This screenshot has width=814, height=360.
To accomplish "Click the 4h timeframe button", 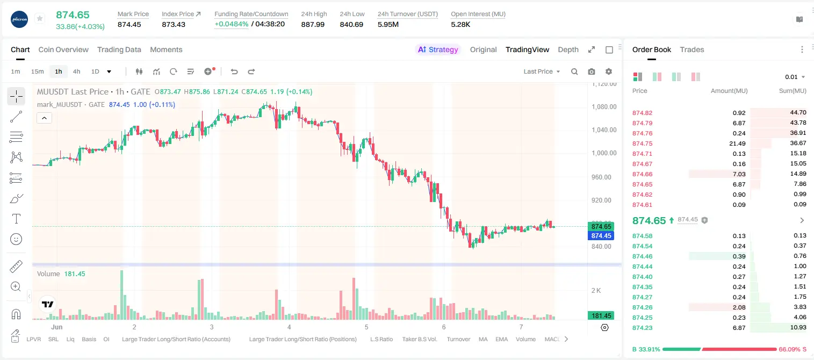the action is click(x=76, y=71).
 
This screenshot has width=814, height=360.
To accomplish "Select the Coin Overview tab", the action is click(x=63, y=49).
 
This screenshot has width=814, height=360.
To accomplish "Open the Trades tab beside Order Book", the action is click(x=692, y=49).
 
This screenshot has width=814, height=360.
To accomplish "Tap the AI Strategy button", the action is click(x=438, y=49).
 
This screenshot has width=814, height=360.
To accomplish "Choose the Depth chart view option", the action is click(x=568, y=49).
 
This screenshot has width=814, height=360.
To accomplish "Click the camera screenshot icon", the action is click(x=592, y=71).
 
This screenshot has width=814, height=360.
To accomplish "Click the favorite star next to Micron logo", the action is click(x=40, y=18).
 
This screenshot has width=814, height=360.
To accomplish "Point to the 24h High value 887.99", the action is click(x=313, y=24).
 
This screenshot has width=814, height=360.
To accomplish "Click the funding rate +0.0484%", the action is click(x=232, y=24).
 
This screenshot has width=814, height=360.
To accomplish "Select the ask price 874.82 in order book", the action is click(x=642, y=113).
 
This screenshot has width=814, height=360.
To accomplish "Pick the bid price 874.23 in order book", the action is click(x=642, y=328).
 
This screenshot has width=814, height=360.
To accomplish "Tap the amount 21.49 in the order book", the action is click(x=737, y=143).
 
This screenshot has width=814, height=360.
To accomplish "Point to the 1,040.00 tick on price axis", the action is click(x=604, y=129).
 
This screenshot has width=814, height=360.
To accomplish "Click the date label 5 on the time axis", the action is click(x=366, y=327).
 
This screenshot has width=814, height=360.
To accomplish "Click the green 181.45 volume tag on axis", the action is click(x=601, y=316).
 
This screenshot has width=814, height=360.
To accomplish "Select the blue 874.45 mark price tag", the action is click(x=601, y=236).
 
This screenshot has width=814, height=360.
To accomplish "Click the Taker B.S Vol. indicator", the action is click(x=419, y=339).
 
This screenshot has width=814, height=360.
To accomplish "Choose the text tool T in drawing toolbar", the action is click(x=16, y=219).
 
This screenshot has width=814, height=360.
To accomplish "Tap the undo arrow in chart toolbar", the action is click(x=234, y=71).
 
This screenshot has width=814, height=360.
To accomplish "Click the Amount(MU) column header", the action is click(x=729, y=91).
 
